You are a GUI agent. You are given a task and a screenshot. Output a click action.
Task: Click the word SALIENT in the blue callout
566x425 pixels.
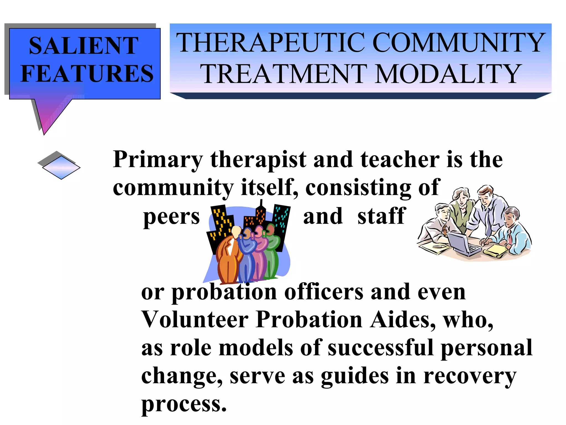pos(83,46)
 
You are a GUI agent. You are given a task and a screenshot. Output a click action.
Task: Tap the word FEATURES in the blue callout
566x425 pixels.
pos(87,73)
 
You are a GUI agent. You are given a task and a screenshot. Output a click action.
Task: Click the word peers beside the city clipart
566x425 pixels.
pos(171,217)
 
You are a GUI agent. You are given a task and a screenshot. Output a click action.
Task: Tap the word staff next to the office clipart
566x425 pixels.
pos(381,216)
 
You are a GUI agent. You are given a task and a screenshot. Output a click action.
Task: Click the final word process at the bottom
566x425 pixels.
pos(184,405)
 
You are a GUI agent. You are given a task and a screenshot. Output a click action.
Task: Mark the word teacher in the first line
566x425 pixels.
pos(400,160)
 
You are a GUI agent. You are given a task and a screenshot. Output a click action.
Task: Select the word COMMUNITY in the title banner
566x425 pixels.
pos(459,43)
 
